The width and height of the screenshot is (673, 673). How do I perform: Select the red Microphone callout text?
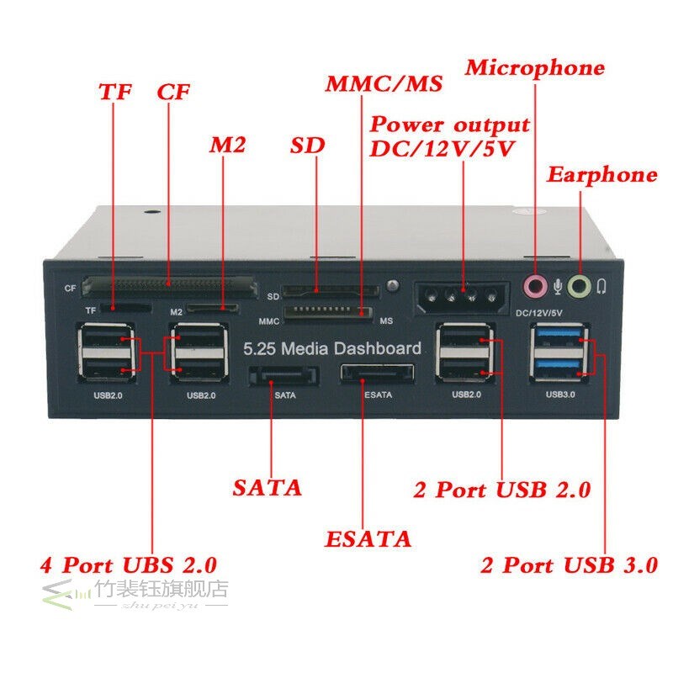pyautogui.click(x=535, y=68)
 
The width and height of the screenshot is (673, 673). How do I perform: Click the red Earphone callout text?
pyautogui.click(x=601, y=175)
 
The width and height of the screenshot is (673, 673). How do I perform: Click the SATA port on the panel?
pyautogui.click(x=284, y=373)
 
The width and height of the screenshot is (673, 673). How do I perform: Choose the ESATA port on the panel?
pyautogui.click(x=377, y=373)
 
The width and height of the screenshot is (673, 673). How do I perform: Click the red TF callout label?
pyautogui.click(x=115, y=92)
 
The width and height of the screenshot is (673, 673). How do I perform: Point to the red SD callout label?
pyautogui.click(x=307, y=145)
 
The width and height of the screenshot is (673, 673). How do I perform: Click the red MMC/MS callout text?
pyautogui.click(x=384, y=85)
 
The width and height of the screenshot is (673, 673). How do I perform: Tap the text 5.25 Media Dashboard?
pyautogui.click(x=331, y=348)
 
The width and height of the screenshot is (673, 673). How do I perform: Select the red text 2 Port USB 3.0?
pyautogui.click(x=569, y=565)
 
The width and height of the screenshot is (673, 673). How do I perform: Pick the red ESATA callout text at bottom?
pyautogui.click(x=368, y=538)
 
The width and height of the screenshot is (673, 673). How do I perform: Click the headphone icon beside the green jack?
pyautogui.click(x=601, y=287)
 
